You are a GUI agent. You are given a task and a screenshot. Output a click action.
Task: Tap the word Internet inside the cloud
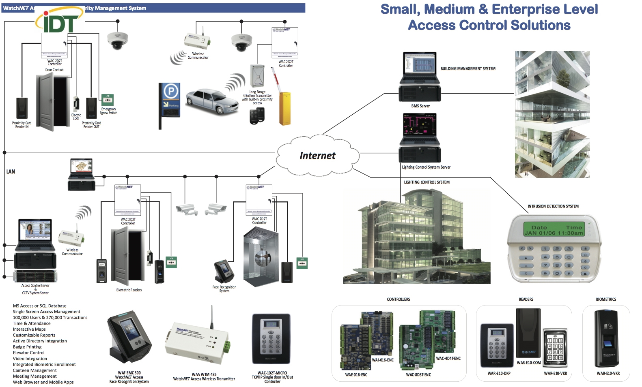click(x=317, y=156)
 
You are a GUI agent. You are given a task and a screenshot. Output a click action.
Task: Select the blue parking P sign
click(x=171, y=92)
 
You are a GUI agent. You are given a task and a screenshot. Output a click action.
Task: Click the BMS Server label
click(x=420, y=106)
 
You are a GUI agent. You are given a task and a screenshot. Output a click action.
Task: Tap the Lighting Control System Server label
click(x=426, y=167)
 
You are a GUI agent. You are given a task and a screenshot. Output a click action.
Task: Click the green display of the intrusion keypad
click(x=553, y=230)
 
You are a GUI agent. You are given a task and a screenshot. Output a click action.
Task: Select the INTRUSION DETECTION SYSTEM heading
click(x=553, y=206)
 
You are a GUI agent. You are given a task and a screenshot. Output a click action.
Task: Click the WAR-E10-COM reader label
click(x=528, y=363)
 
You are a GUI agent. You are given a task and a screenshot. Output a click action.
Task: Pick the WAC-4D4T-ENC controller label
click(x=448, y=358)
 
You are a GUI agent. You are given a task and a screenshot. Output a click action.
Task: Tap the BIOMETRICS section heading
click(x=606, y=299)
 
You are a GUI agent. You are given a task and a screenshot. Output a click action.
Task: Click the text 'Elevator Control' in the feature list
click(x=28, y=353)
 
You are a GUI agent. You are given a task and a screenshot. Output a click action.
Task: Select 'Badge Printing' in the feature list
click(x=27, y=347)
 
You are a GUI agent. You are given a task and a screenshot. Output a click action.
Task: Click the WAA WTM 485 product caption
click(x=204, y=374)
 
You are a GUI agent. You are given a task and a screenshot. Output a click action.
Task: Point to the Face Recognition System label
click(x=224, y=289)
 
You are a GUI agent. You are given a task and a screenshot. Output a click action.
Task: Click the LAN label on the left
click(x=11, y=172)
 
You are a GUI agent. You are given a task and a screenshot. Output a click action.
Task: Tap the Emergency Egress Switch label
click(x=108, y=111)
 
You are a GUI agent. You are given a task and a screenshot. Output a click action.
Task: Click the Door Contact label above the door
click(x=54, y=70)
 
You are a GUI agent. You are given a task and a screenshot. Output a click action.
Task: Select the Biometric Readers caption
click(x=129, y=290)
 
